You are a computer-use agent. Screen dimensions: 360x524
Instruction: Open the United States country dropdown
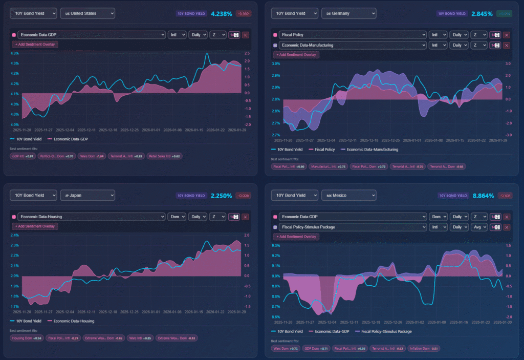pyautogui.click(x=88, y=13)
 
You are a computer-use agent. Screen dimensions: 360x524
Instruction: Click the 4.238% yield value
pyautogui.click(x=221, y=14)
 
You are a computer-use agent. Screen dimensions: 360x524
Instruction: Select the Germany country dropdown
pyautogui.click(x=348, y=13)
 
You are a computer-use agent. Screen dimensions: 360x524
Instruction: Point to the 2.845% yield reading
pyautogui.click(x=482, y=14)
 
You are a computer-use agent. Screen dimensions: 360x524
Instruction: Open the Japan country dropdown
pyautogui.click(x=88, y=195)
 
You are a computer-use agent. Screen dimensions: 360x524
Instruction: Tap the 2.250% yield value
pyautogui.click(x=221, y=196)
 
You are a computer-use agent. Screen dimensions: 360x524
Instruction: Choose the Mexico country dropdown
pyautogui.click(x=348, y=195)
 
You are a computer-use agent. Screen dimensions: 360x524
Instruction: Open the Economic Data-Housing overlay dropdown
pyautogui.click(x=91, y=217)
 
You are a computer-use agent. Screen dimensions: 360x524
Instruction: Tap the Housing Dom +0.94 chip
pyautogui.click(x=27, y=338)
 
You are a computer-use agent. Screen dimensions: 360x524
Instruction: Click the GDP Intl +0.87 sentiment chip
pyautogui.click(x=23, y=156)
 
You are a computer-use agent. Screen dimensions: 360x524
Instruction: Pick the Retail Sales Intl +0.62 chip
pyautogui.click(x=164, y=156)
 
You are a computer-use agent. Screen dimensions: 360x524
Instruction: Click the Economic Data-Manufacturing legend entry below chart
pyautogui.click(x=371, y=150)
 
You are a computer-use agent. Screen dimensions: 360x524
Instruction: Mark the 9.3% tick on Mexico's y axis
pyautogui.click(x=275, y=245)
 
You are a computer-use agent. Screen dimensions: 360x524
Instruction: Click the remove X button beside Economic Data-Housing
pyautogui.click(x=245, y=217)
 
